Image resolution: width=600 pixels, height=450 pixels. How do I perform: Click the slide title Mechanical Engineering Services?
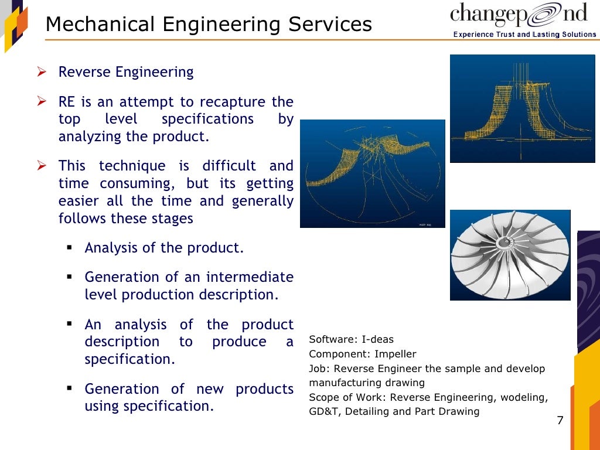click(x=209, y=25)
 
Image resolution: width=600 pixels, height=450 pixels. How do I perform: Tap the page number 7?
click(x=560, y=421)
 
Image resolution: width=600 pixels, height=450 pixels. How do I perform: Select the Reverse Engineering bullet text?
click(x=126, y=72)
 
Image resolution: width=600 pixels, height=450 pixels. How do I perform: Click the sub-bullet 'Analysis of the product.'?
click(x=164, y=248)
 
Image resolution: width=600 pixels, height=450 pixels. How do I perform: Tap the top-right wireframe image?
click(x=522, y=108)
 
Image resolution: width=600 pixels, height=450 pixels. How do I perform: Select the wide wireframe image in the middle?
click(x=372, y=173)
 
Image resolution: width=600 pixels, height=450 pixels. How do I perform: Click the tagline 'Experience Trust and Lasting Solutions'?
click(x=524, y=35)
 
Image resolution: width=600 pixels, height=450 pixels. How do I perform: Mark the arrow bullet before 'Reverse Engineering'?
click(x=42, y=73)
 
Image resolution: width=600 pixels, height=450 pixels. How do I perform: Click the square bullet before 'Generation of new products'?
click(x=70, y=388)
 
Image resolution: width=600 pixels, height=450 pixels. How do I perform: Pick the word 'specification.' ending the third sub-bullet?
click(x=129, y=359)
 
